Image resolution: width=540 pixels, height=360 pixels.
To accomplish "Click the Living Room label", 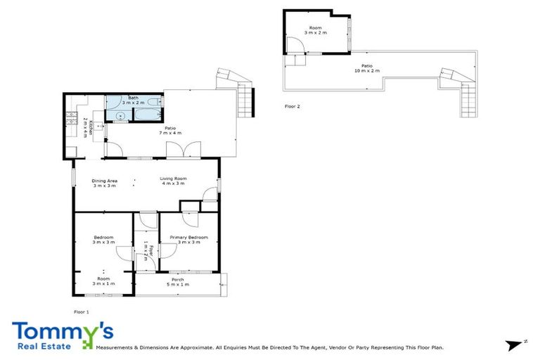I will click(x=172, y=181).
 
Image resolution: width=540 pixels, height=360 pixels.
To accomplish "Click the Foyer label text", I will click(x=146, y=251).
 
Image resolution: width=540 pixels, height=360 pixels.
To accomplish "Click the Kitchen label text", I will click(x=85, y=127).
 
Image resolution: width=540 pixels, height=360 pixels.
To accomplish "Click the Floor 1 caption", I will click(x=82, y=311).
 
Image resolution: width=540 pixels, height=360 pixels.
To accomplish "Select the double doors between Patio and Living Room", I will click(x=175, y=149).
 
